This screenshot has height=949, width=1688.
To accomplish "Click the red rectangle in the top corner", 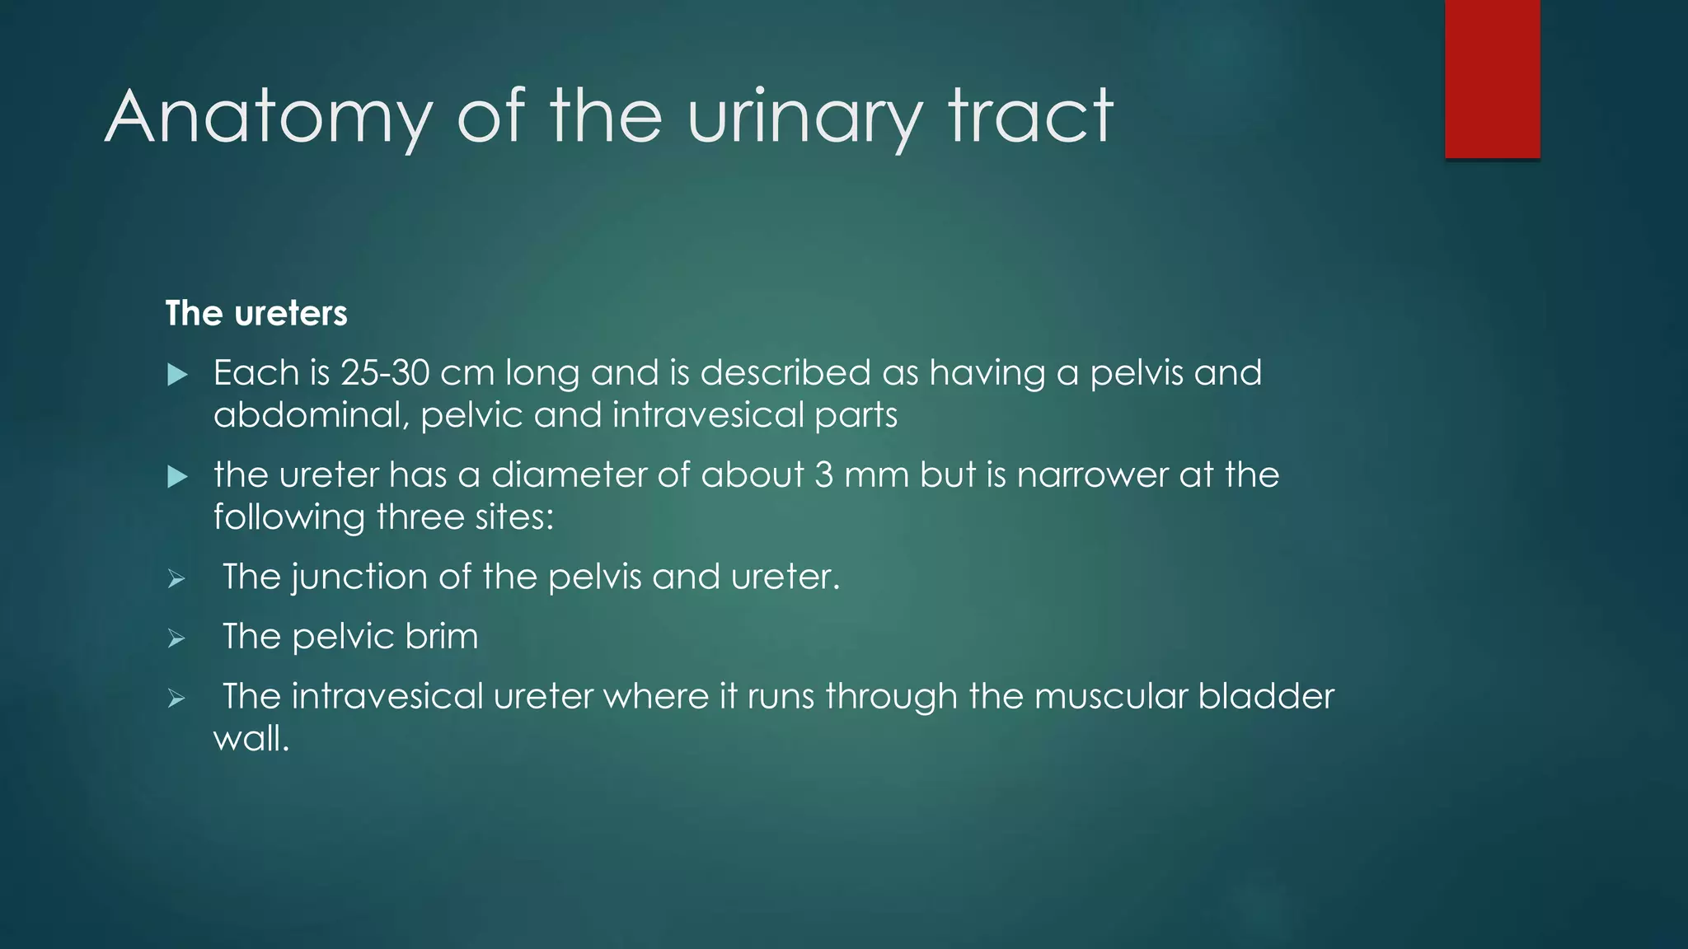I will (x=1492, y=79).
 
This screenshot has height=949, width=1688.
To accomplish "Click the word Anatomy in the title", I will (x=269, y=117).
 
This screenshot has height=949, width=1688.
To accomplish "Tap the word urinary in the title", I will (x=804, y=117).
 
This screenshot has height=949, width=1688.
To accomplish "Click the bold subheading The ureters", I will (x=256, y=314).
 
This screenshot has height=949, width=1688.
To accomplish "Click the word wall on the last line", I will (x=251, y=739).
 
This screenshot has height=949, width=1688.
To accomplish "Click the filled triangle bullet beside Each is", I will (x=177, y=376).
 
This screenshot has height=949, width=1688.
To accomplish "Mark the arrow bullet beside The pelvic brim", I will (x=176, y=638).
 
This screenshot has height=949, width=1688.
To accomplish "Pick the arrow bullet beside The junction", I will (x=176, y=579).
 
